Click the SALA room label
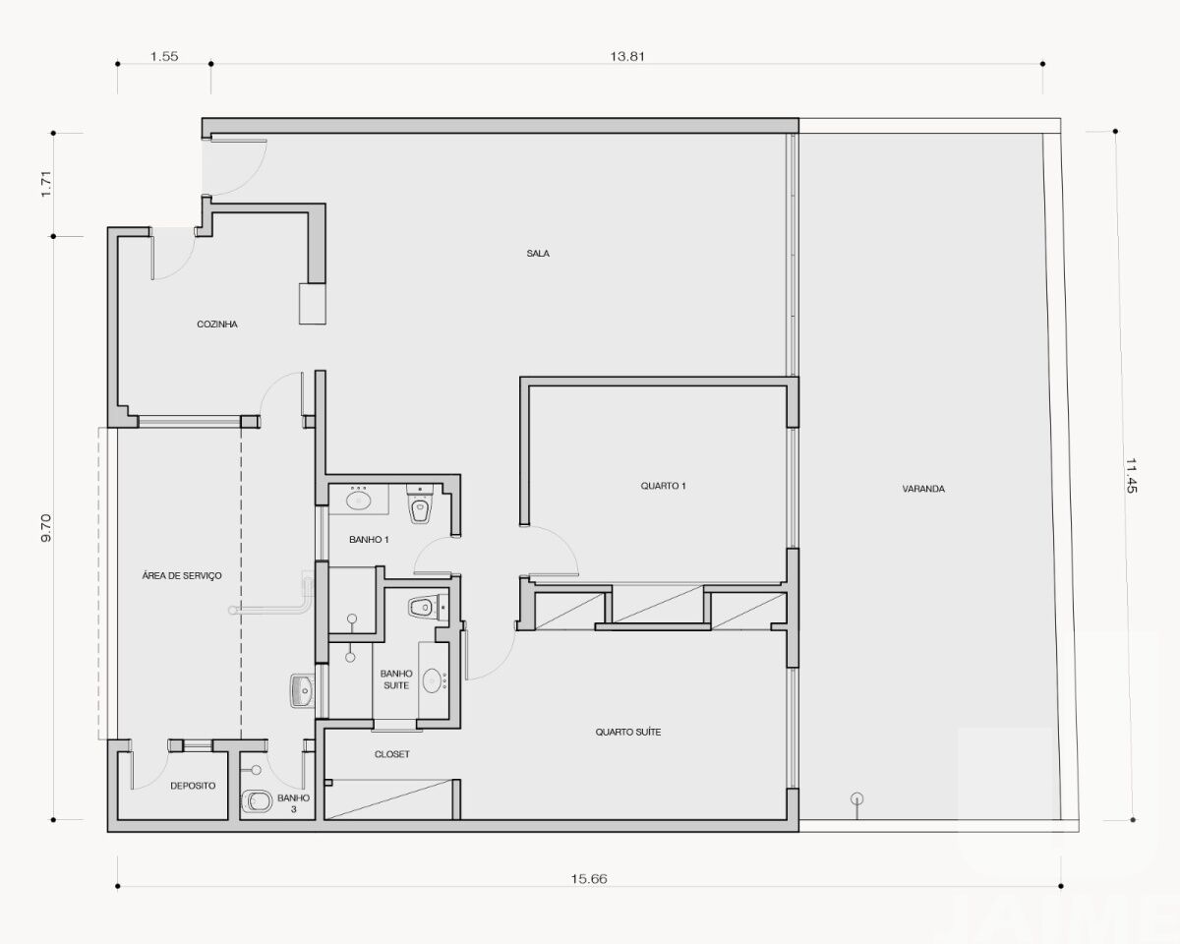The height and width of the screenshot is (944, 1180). coord(537,254)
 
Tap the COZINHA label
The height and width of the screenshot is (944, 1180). coord(217,324)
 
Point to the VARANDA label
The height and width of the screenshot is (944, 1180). coord(922,489)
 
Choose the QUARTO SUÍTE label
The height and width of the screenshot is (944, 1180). coord(627,733)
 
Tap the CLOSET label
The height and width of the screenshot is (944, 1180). coord(391,754)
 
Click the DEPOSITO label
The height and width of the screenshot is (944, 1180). coord(193,786)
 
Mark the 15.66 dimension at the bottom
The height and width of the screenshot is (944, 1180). coord(587,878)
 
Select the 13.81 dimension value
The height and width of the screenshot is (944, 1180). coord(626,57)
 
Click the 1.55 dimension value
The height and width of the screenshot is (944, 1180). coord(164,57)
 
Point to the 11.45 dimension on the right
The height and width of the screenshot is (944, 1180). coord(1132,476)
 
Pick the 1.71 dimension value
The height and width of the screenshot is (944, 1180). coord(45,184)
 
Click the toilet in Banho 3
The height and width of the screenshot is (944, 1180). coord(256,802)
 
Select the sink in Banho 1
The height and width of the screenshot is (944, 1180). coord(359,501)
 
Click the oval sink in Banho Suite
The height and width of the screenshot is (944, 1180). coord(432,680)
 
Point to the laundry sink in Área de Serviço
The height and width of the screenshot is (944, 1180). coord(301,691)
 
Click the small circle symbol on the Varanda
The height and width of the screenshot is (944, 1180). coord(856,798)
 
